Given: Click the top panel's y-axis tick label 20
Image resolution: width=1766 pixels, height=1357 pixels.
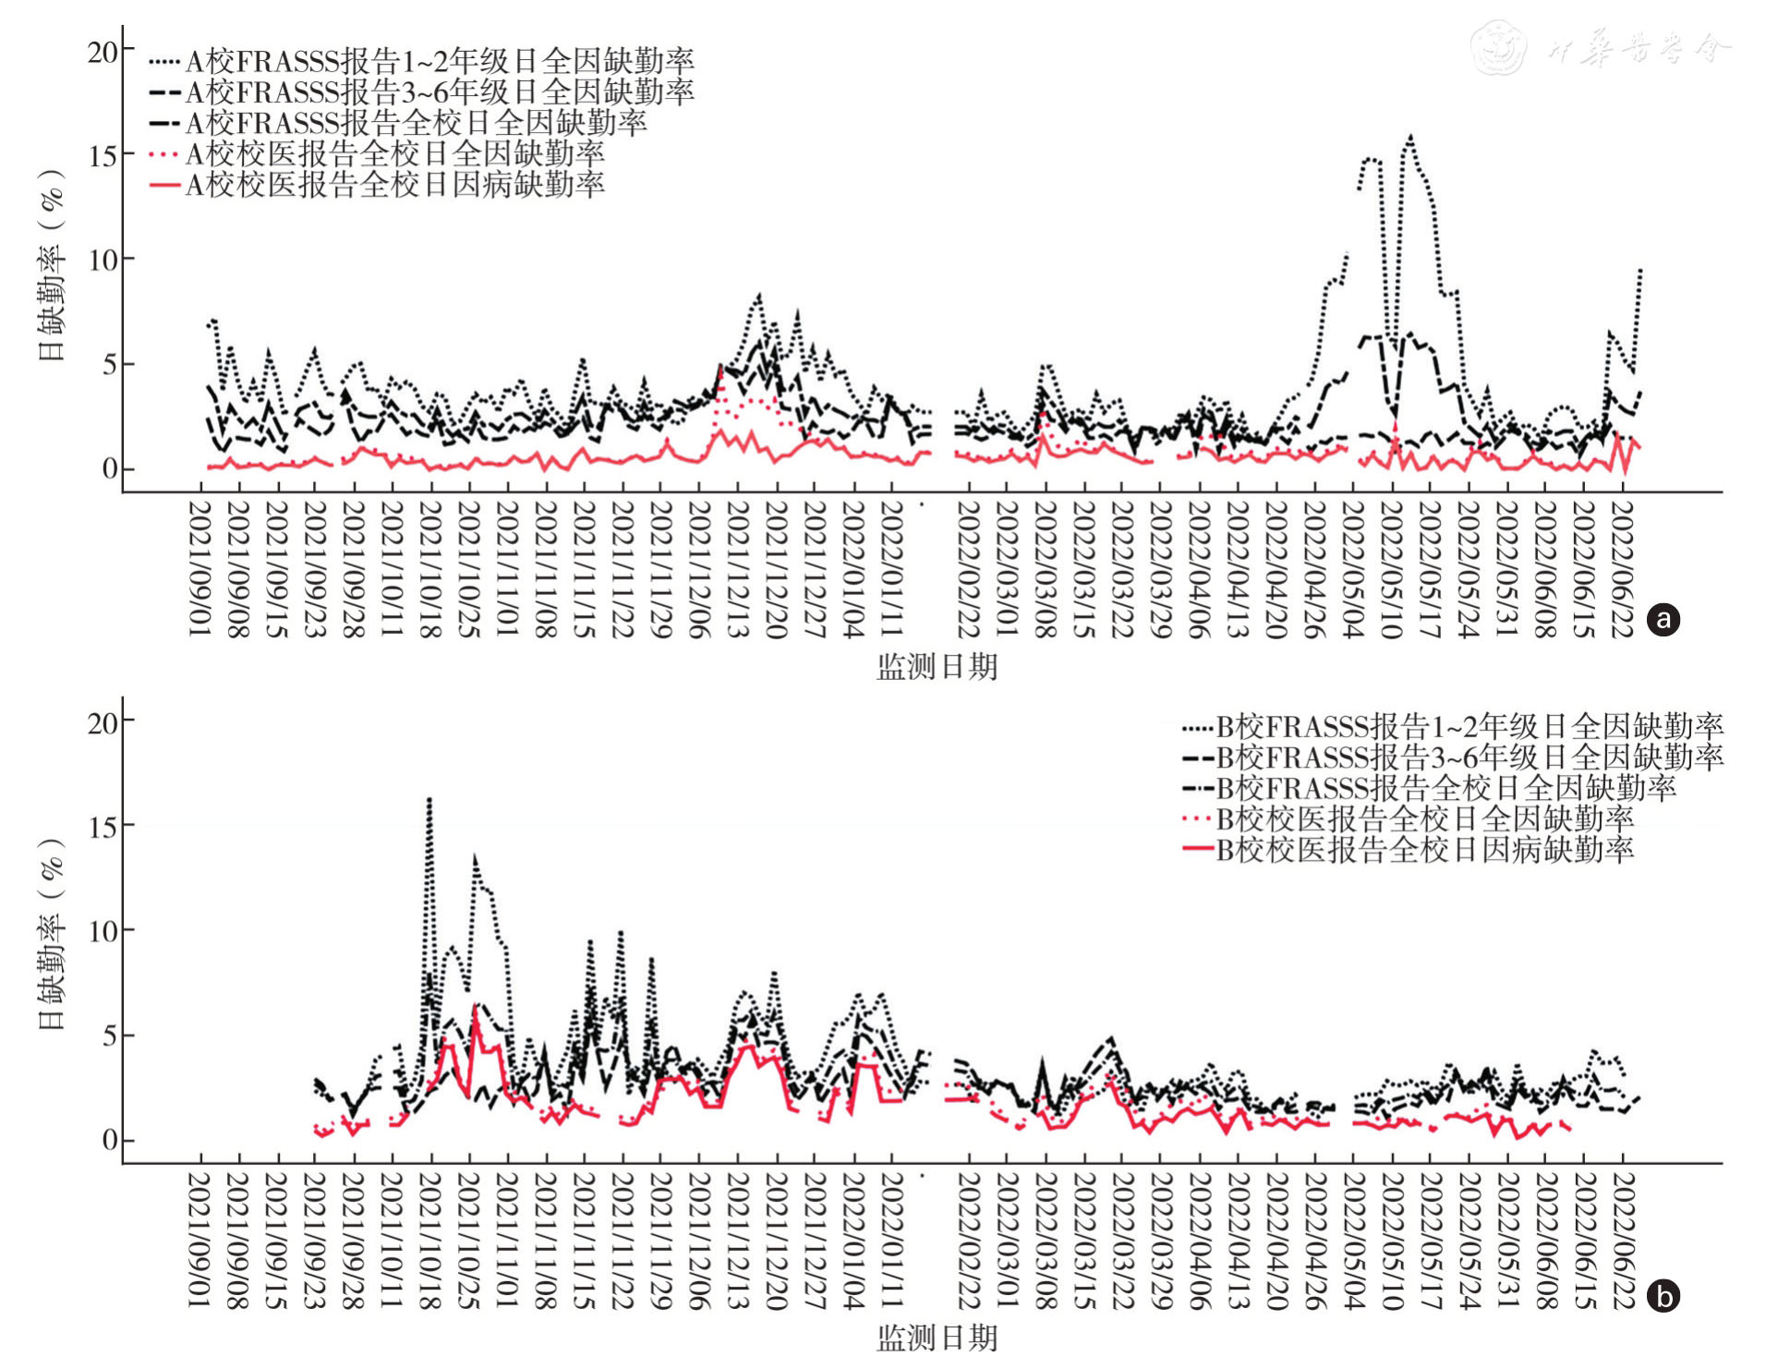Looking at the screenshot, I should click(103, 52).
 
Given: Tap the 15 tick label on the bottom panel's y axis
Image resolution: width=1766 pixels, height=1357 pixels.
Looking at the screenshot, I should click(103, 826).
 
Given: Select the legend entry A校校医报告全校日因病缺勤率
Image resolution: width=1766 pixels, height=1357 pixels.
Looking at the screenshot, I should click(394, 185).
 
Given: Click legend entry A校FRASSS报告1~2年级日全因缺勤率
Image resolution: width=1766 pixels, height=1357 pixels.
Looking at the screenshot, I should click(440, 62).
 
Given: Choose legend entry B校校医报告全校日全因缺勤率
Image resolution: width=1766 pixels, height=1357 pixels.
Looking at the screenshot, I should click(1424, 818).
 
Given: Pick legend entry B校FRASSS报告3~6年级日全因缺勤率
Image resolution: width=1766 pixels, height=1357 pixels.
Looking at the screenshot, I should click(1470, 757).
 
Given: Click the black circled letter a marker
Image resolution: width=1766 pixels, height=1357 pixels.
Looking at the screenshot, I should click(1664, 619).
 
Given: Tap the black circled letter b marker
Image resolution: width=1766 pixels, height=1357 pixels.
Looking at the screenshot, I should click(1664, 1297).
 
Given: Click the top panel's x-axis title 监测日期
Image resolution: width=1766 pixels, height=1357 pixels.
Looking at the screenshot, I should click(937, 667).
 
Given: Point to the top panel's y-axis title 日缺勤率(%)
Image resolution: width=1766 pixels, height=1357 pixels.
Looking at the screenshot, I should click(52, 265).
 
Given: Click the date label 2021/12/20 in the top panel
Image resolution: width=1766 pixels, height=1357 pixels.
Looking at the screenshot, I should click(777, 569).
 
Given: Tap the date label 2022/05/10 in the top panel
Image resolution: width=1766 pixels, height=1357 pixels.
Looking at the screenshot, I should click(1391, 569).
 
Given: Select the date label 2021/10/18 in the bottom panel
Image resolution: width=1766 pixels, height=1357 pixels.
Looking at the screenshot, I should click(429, 1240).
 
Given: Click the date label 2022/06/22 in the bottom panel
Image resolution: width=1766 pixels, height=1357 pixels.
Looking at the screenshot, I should click(1623, 1240).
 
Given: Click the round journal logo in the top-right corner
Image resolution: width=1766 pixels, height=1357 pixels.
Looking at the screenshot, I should click(1497, 48).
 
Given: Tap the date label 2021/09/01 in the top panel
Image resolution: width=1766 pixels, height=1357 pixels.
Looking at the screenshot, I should click(200, 569).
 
